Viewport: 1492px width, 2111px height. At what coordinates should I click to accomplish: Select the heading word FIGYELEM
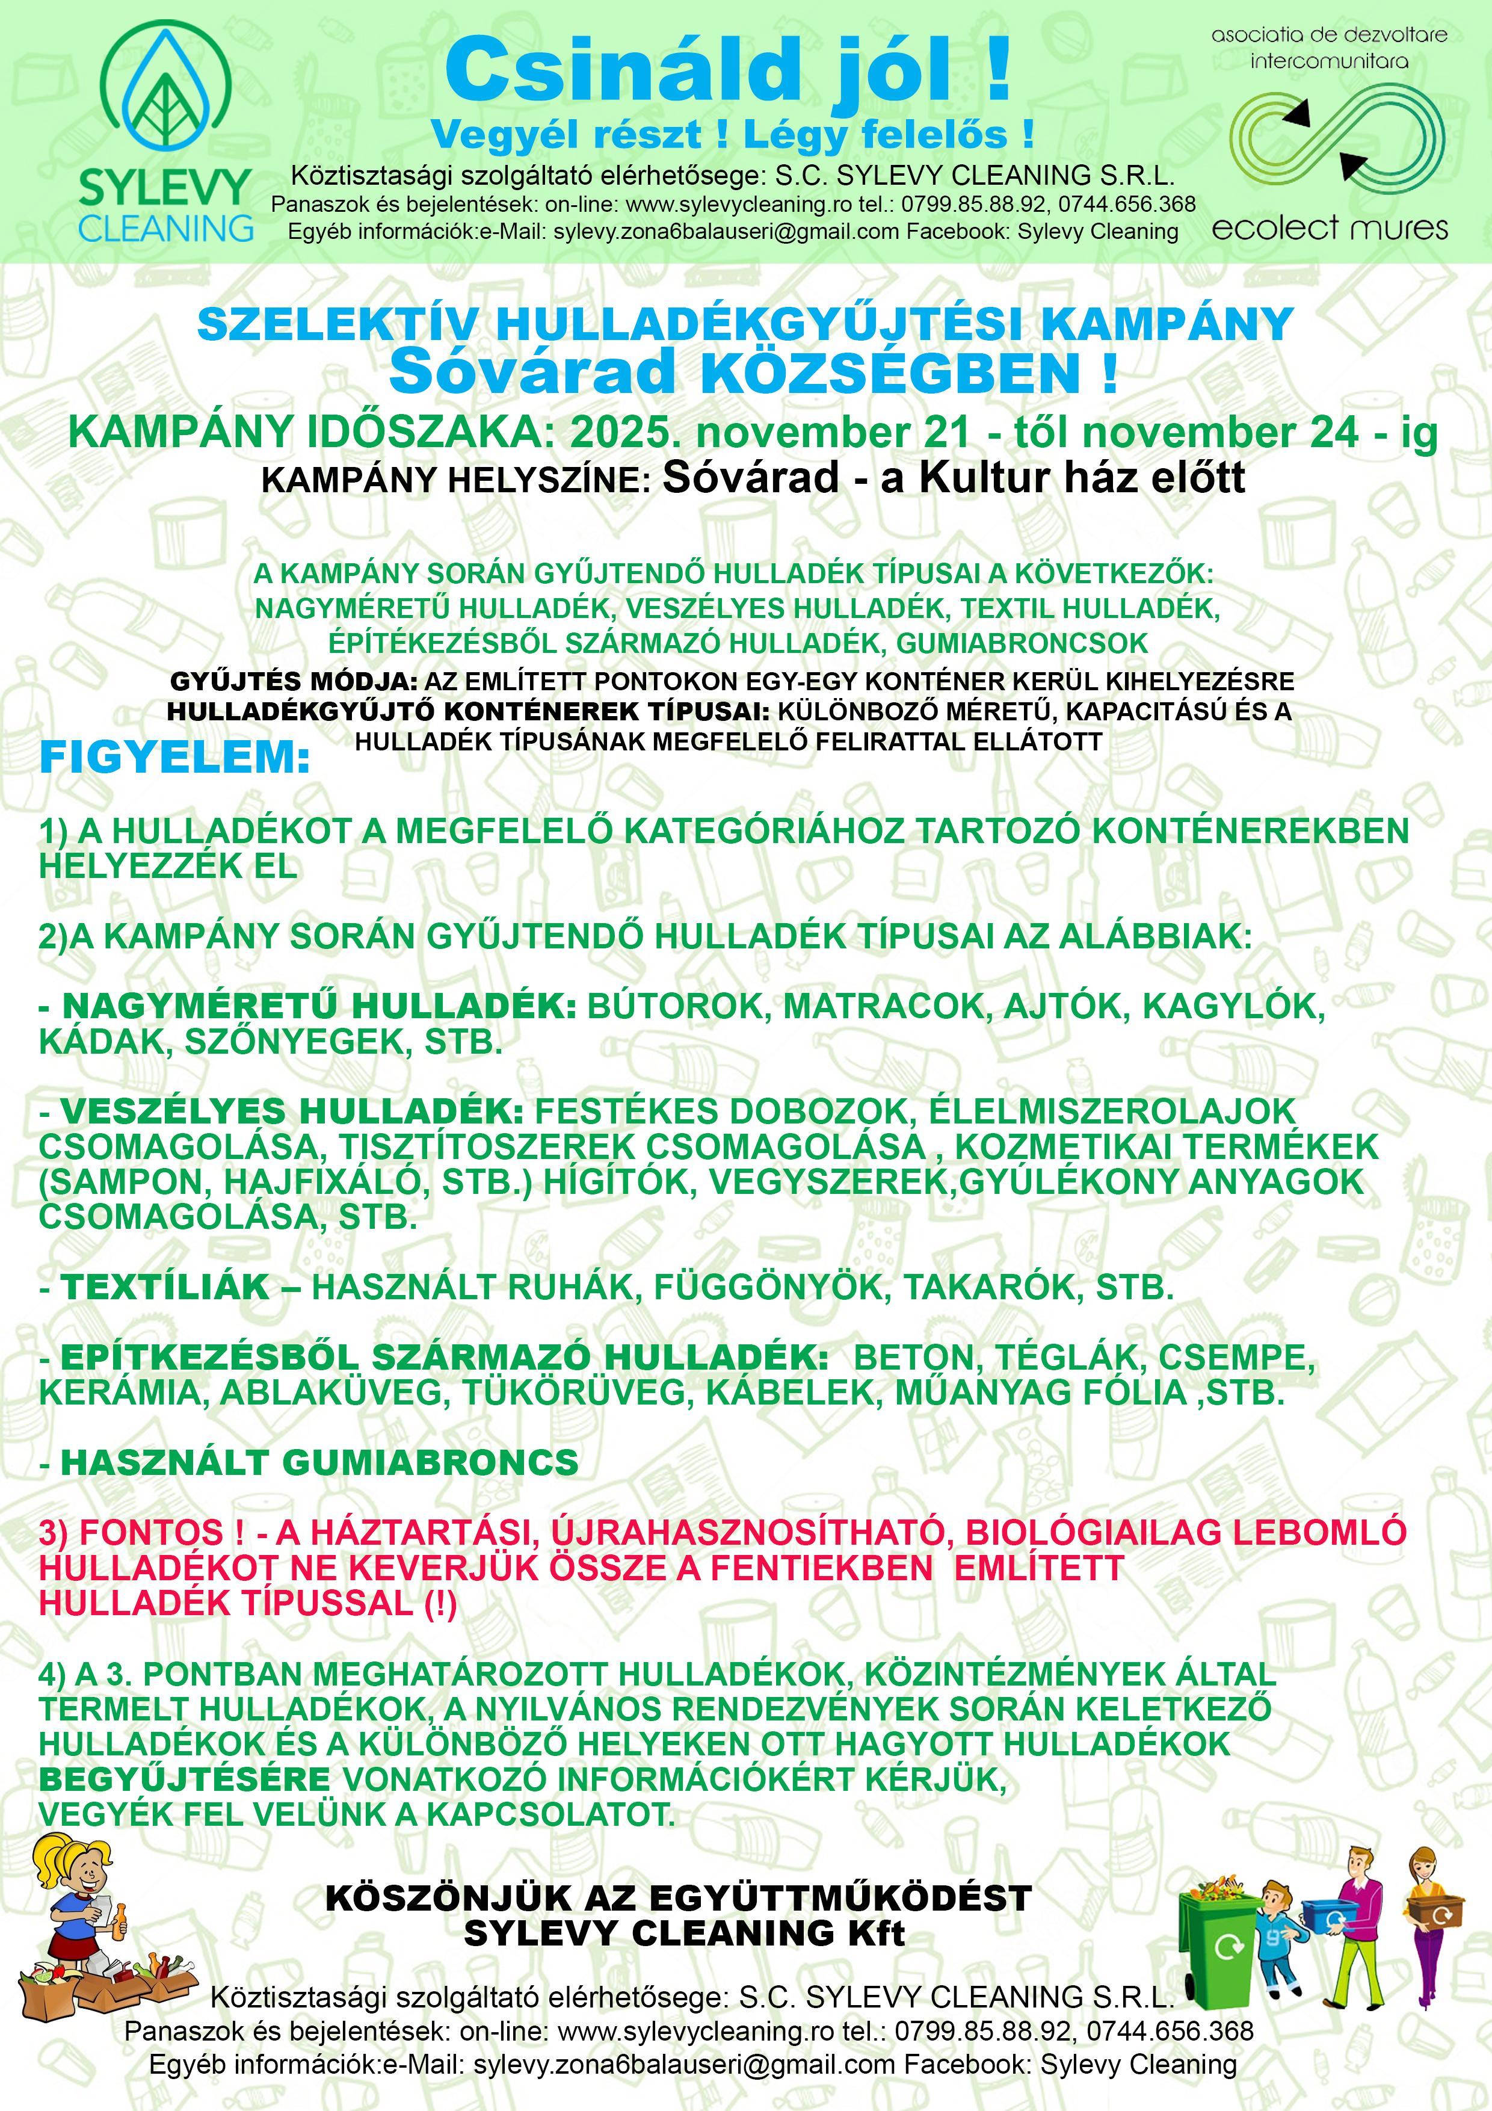coord(174,758)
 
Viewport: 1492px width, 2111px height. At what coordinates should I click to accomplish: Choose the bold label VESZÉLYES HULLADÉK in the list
coord(292,1111)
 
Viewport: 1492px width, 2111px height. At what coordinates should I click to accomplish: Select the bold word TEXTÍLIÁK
coord(165,1287)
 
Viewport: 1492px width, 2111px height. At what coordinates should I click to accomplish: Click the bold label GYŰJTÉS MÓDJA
coord(293,682)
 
